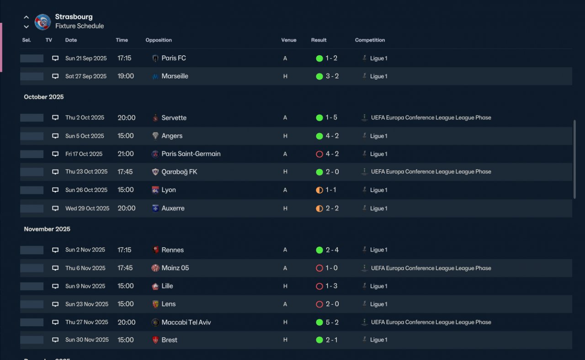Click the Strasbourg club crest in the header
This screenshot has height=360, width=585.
pyautogui.click(x=43, y=22)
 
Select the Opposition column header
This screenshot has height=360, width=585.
pyautogui.click(x=159, y=40)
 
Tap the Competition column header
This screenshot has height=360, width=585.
pyautogui.click(x=370, y=40)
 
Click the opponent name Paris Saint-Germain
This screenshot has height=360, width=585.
pyautogui.click(x=191, y=154)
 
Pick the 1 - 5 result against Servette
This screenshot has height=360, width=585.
pyautogui.click(x=331, y=117)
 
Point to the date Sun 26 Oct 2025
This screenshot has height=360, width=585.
pyautogui.click(x=86, y=190)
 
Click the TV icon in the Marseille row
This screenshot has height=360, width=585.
pyautogui.click(x=55, y=76)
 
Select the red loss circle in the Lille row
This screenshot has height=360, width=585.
pyautogui.click(x=319, y=286)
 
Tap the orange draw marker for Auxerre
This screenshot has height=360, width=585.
pyautogui.click(x=319, y=208)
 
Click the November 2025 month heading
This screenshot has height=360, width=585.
pyautogui.click(x=47, y=229)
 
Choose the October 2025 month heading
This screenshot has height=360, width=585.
pyautogui.click(x=44, y=97)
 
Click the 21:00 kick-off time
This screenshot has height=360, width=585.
pyautogui.click(x=126, y=154)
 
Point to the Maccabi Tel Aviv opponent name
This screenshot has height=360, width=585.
pyautogui.click(x=186, y=322)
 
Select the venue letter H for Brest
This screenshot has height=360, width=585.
pyautogui.click(x=285, y=340)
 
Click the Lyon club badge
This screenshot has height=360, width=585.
pyautogui.click(x=155, y=190)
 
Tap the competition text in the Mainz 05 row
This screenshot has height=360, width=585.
pyautogui.click(x=431, y=268)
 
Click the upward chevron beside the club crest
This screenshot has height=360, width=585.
pyautogui.click(x=26, y=17)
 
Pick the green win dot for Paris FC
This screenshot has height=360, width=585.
pyautogui.click(x=319, y=58)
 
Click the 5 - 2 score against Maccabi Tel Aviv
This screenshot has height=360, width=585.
pyautogui.click(x=332, y=322)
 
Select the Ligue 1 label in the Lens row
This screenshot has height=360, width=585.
pyautogui.click(x=378, y=304)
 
